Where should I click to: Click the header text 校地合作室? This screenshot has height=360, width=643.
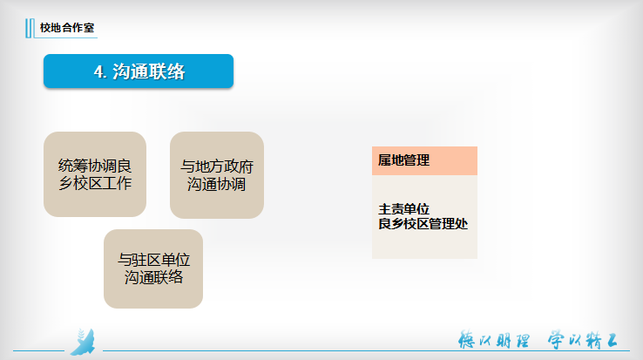pyautogui.click(x=67, y=28)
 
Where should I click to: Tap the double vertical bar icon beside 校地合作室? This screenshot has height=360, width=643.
pyautogui.click(x=29, y=28)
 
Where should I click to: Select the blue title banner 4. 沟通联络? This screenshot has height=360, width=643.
pyautogui.click(x=139, y=71)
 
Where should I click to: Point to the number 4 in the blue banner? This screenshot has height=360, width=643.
pyautogui.click(x=98, y=71)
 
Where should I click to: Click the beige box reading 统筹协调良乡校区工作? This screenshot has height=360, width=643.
pyautogui.click(x=95, y=174)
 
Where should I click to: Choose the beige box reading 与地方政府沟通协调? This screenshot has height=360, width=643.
pyautogui.click(x=217, y=175)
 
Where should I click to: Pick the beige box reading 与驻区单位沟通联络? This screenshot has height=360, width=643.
pyautogui.click(x=153, y=268)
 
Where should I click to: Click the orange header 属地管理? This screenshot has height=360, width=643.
pyautogui.click(x=424, y=160)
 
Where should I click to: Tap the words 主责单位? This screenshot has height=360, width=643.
pyautogui.click(x=403, y=209)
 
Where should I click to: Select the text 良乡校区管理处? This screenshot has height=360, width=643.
pyautogui.click(x=423, y=224)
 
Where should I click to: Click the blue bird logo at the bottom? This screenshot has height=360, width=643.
pyautogui.click(x=84, y=342)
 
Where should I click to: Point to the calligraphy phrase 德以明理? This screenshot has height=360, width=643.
pyautogui.click(x=494, y=340)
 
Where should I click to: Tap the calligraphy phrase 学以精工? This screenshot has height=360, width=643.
pyautogui.click(x=583, y=340)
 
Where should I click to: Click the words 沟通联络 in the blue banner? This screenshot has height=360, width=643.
pyautogui.click(x=148, y=71)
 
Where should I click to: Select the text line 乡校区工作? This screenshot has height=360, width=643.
pyautogui.click(x=95, y=183)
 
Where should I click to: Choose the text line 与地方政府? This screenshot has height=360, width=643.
pyautogui.click(x=217, y=166)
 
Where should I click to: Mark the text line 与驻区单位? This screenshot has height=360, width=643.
pyautogui.click(x=153, y=260)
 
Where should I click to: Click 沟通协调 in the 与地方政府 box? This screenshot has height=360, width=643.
pyautogui.click(x=217, y=184)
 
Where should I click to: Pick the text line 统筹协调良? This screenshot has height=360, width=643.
pyautogui.click(x=95, y=166)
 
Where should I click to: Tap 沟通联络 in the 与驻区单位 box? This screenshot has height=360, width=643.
pyautogui.click(x=153, y=277)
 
